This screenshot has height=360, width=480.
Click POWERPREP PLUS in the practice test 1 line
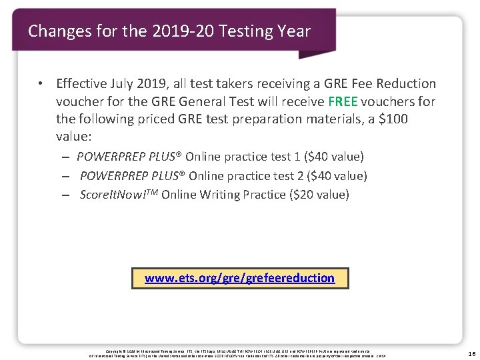click(x=129, y=157)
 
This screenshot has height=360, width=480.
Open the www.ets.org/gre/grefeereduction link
click(x=239, y=277)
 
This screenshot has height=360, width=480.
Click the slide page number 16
click(x=470, y=353)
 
